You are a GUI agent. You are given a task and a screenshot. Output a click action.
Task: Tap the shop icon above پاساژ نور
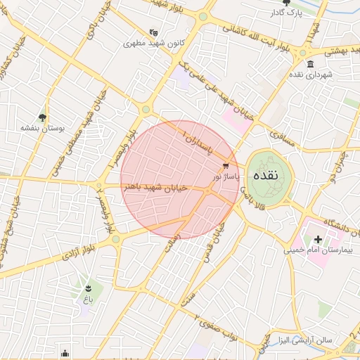[226, 166]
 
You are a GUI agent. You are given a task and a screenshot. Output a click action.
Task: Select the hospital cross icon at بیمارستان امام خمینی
[318, 240]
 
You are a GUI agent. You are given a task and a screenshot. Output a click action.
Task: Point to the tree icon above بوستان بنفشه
[42, 117]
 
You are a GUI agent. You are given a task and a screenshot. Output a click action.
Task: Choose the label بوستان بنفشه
[42, 128]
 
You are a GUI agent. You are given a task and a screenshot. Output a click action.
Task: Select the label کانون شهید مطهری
[154, 43]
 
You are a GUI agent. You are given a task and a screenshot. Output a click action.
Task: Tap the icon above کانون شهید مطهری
[154, 32]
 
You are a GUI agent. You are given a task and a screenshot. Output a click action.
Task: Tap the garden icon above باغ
[88, 288]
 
